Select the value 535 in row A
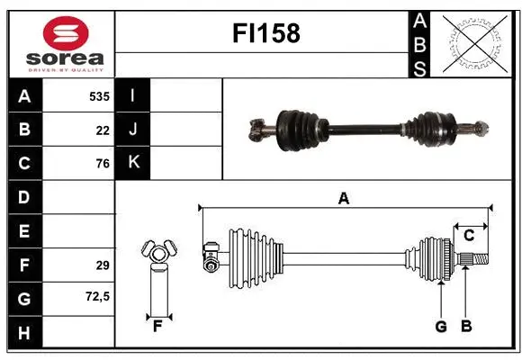(x=98, y=95)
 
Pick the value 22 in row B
(x=102, y=130)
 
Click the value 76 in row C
(x=102, y=164)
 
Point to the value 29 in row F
(x=102, y=265)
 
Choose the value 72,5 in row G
(x=97, y=296)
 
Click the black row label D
(x=24, y=197)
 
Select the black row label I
(x=133, y=95)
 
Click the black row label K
(x=133, y=163)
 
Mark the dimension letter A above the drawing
(x=343, y=199)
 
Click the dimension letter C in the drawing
(x=469, y=236)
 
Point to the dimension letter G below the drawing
(x=441, y=326)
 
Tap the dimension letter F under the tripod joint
(x=158, y=326)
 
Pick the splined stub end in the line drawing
(x=476, y=261)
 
